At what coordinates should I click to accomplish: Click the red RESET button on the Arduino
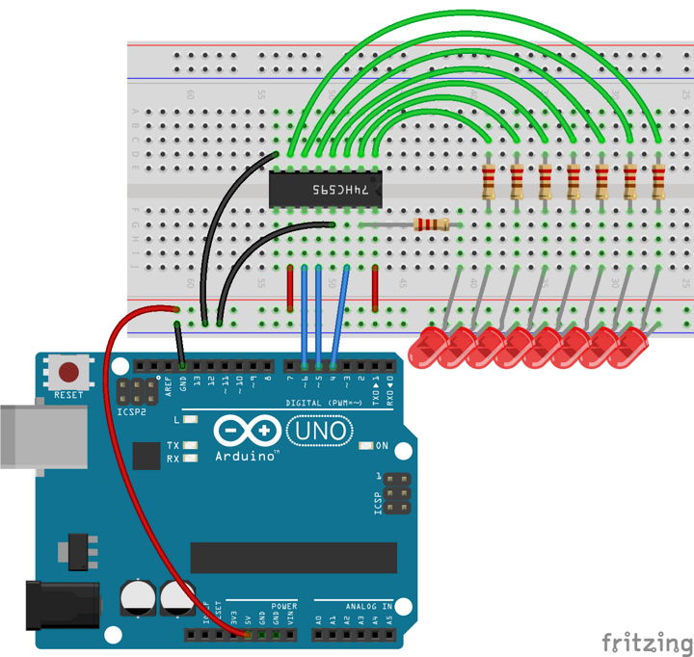(68, 372)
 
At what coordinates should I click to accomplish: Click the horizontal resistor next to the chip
(430, 224)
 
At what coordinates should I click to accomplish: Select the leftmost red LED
(428, 347)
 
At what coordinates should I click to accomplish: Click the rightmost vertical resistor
(659, 180)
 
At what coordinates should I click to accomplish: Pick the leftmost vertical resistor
(490, 180)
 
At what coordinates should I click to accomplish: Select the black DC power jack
(63, 603)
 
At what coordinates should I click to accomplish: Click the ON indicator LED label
(381, 446)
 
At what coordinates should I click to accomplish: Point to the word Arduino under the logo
(245, 457)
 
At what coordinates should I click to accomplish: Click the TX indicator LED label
(173, 446)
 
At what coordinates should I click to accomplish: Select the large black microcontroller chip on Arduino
(294, 557)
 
